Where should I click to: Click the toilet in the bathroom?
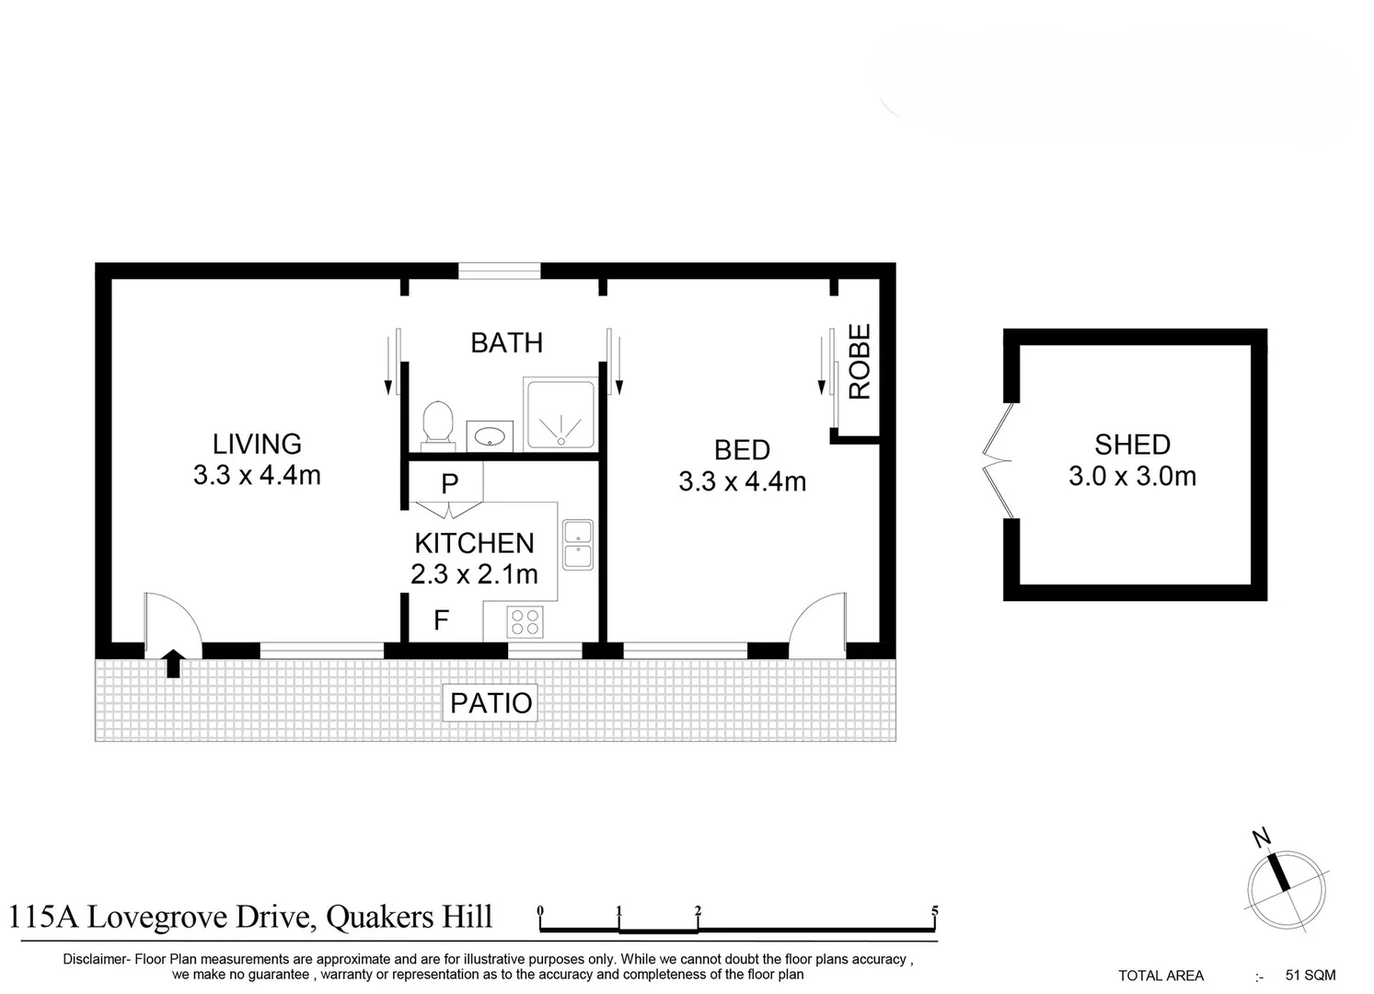coord(437,424)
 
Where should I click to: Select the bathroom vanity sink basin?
coord(490,435)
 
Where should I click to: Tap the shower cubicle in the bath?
coord(560,414)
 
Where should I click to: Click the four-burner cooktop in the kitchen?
coord(525,623)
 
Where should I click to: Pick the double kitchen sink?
coord(578,544)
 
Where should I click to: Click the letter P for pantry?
coord(449,483)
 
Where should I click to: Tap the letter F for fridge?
coord(442,620)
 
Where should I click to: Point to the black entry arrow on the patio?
coord(173,663)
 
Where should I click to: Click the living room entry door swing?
coord(172,622)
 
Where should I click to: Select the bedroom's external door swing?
coord(818,623)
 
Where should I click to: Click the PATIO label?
coord(491,703)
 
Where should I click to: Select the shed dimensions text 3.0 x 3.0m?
coord(1132,477)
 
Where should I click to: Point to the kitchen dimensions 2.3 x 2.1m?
coord(474,574)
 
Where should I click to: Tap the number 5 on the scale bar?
coord(934,912)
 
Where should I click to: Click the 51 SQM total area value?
coord(1310,975)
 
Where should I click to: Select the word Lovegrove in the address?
coord(160,918)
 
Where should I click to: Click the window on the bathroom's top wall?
coord(500,271)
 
